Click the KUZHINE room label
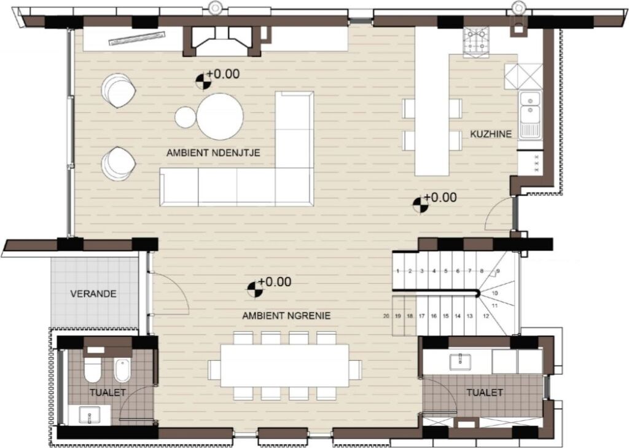tap(491, 134)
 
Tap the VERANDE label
tap(93, 294)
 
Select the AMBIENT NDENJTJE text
tap(213, 153)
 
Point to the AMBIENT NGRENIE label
tap(286, 316)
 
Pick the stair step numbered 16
tap(434, 316)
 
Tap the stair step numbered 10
tap(496, 292)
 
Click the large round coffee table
tap(220, 117)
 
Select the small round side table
tap(186, 117)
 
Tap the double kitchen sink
tap(529, 115)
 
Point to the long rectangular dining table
tap(285, 366)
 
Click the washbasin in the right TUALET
tap(460, 361)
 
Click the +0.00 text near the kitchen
tap(440, 197)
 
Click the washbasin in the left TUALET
tap(89, 415)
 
